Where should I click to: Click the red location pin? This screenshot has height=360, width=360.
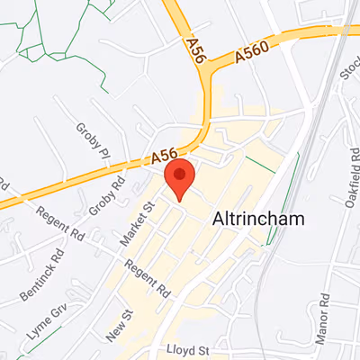[180, 176]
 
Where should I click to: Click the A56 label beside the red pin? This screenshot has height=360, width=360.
[163, 157]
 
